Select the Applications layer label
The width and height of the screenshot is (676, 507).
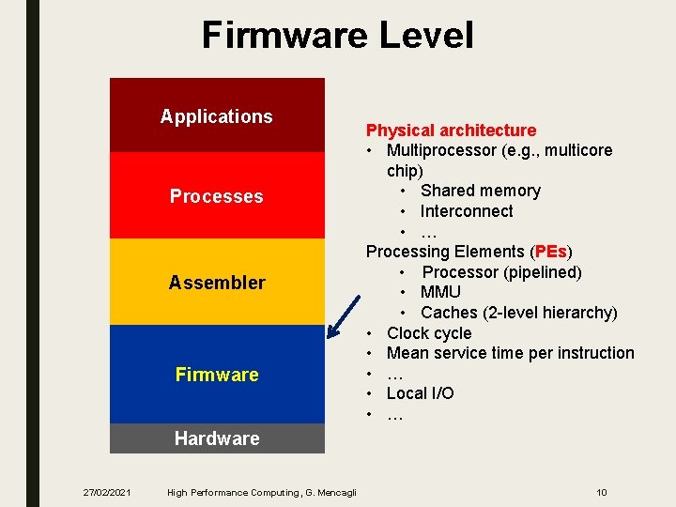click(x=216, y=116)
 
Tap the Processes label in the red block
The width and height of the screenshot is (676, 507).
click(x=216, y=196)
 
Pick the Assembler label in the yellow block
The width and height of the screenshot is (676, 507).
click(x=217, y=283)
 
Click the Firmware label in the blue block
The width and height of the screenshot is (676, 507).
click(x=217, y=375)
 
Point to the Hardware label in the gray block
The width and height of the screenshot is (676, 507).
click(x=217, y=438)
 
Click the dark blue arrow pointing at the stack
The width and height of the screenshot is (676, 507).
click(x=344, y=315)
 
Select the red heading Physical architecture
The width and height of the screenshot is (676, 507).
click(x=451, y=131)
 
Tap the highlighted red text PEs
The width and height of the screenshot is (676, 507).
click(x=550, y=252)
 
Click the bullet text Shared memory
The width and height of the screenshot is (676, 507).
click(x=480, y=191)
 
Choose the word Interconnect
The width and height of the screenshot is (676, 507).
click(x=467, y=211)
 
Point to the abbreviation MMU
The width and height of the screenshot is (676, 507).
click(x=440, y=292)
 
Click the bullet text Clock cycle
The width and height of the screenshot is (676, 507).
click(x=429, y=333)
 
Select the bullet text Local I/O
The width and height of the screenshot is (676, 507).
click(x=420, y=393)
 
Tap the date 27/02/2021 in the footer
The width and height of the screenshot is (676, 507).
click(x=106, y=492)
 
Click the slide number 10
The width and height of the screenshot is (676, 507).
click(x=602, y=492)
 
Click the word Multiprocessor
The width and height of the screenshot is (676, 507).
click(x=445, y=150)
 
